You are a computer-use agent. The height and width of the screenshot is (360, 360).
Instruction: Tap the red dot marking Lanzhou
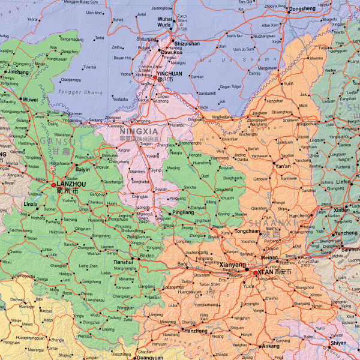pyautogui.click(x=53, y=185)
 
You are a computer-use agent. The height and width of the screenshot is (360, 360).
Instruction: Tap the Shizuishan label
pyautogui.click(x=187, y=44)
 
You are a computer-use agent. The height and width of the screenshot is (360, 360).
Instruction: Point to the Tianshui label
pyautogui.click(x=123, y=262)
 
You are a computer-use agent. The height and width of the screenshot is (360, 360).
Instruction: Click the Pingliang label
pyautogui.click(x=184, y=212)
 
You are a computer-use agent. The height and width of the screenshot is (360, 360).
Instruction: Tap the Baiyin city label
pyautogui.click(x=82, y=170)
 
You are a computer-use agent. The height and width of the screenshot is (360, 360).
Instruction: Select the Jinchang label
pyautogui.click(x=18, y=72)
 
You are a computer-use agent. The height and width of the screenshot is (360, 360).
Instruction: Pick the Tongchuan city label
pyautogui.click(x=247, y=230)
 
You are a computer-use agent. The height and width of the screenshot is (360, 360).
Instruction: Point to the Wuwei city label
pyautogui.click(x=30, y=100)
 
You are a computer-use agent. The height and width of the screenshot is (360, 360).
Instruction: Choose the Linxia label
pyautogui.click(x=31, y=204)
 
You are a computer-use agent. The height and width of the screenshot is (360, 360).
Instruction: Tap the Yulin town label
pyautogui.click(x=289, y=83)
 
